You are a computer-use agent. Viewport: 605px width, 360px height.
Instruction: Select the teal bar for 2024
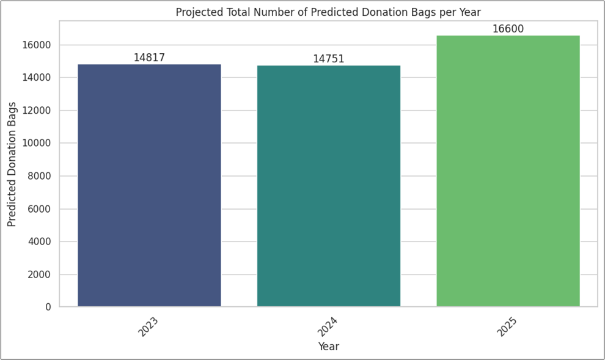pyautogui.click(x=329, y=186)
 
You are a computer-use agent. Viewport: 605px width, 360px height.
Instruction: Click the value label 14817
pyautogui.click(x=149, y=58)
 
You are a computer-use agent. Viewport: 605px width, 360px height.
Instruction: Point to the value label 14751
pyautogui.click(x=329, y=59)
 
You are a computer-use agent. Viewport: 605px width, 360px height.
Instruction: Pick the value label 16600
pyautogui.click(x=508, y=29)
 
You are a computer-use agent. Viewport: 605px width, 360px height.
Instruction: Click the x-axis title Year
pyautogui.click(x=328, y=347)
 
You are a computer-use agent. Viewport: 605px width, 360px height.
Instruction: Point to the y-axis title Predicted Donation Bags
pyautogui.click(x=12, y=164)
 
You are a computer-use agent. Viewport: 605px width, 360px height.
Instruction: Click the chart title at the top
pyautogui.click(x=328, y=12)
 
